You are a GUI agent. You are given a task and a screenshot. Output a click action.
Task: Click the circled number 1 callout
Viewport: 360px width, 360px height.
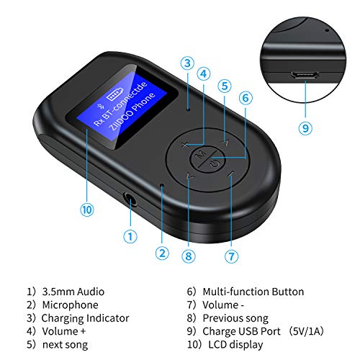pyautogui.click(x=130, y=235)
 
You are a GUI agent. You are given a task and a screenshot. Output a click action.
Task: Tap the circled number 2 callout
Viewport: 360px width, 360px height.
pyautogui.click(x=161, y=253)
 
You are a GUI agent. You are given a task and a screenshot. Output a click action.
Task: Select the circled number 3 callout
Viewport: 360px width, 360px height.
pyautogui.click(x=186, y=63)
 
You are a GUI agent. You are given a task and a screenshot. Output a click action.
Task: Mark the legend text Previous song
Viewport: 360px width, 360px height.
pyautogui.click(x=235, y=318)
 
